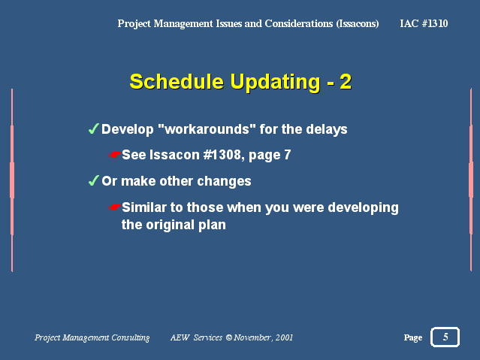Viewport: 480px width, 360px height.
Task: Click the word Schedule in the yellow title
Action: (177, 81)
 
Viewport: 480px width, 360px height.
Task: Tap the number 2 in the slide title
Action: (346, 82)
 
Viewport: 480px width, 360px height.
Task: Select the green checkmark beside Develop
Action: (93, 129)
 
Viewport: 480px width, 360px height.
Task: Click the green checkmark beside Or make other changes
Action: (93, 180)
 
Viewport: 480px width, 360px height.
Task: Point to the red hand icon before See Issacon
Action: (114, 155)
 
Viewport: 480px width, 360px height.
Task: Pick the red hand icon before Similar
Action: (114, 207)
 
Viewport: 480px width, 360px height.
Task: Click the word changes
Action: (224, 181)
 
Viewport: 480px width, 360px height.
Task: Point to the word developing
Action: (363, 207)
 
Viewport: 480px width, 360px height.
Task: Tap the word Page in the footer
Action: (412, 337)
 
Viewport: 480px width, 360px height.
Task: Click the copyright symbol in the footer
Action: (228, 337)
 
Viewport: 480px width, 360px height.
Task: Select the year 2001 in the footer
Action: (284, 337)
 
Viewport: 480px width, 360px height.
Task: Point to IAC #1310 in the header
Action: (424, 23)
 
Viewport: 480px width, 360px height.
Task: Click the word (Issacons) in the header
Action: (358, 23)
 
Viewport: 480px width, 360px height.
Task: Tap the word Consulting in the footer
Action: (131, 337)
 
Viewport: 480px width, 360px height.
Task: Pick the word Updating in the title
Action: (275, 82)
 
